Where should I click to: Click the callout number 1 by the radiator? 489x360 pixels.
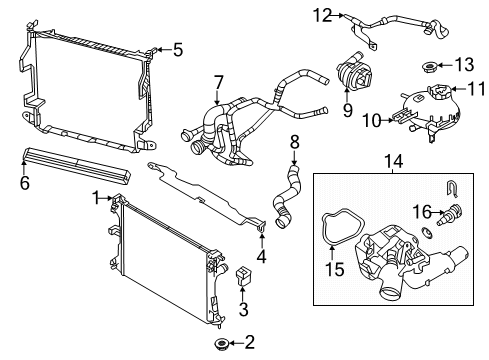[95, 198]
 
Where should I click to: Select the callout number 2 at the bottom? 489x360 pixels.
[249, 342]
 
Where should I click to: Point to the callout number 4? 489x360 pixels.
[262, 255]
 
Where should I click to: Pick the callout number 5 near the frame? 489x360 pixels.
[178, 47]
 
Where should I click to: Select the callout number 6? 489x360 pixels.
[25, 183]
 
